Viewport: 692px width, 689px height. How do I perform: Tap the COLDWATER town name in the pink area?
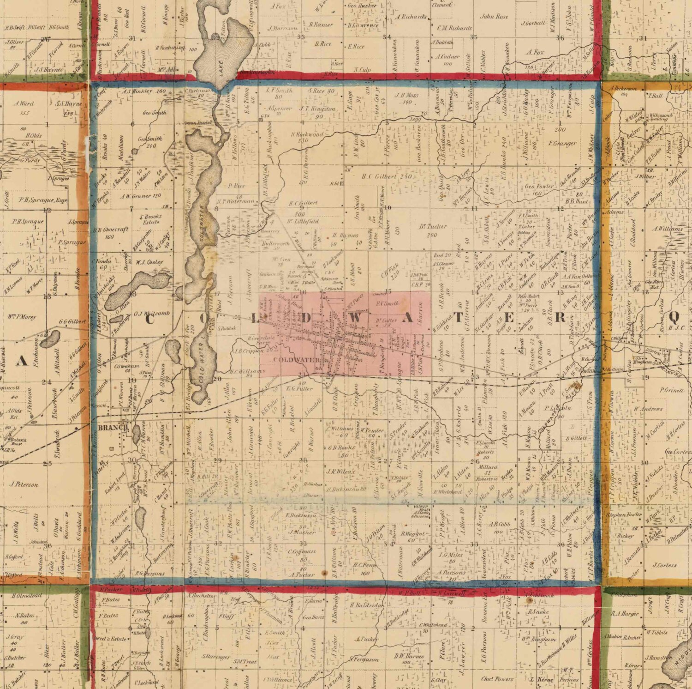pos(290,360)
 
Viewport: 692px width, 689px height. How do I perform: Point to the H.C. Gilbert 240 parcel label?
pos(386,176)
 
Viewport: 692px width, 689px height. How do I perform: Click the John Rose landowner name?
pos(494,17)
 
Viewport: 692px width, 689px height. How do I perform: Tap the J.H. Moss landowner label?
pos(406,96)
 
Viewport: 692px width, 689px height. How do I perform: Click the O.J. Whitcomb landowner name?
pos(152,314)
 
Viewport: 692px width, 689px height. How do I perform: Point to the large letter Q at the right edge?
pos(675,317)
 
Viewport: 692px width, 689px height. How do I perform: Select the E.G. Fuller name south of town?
pos(299,388)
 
